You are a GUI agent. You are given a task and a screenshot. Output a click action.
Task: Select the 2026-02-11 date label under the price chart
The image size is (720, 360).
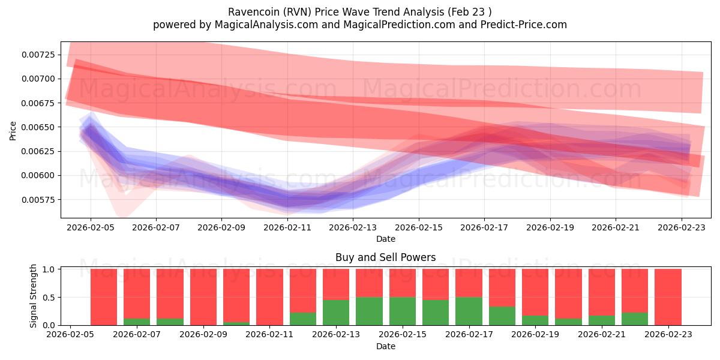pos(287,227)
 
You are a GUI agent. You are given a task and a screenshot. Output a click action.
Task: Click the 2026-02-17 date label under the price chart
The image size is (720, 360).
pos(484,227)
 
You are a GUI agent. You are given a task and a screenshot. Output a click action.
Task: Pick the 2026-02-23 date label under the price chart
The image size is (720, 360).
pos(681,227)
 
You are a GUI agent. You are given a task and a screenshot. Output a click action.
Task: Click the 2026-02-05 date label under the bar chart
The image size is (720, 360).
pos(71,335)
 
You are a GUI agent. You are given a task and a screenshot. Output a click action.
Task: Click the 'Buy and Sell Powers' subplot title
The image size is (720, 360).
pos(385,258)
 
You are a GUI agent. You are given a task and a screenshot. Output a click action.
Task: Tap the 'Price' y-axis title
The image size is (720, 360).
pos(13,131)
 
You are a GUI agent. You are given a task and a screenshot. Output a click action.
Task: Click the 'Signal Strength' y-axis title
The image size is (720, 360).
pos(34,296)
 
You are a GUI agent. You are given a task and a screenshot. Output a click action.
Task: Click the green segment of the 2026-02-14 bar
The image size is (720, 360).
pos(369,311)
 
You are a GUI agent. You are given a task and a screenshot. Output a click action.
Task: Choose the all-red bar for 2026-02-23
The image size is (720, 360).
pos(668,297)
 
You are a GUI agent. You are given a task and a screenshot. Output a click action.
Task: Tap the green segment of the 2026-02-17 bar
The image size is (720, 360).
pos(469,311)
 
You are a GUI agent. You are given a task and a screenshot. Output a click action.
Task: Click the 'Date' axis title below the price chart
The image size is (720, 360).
pos(385,239)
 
